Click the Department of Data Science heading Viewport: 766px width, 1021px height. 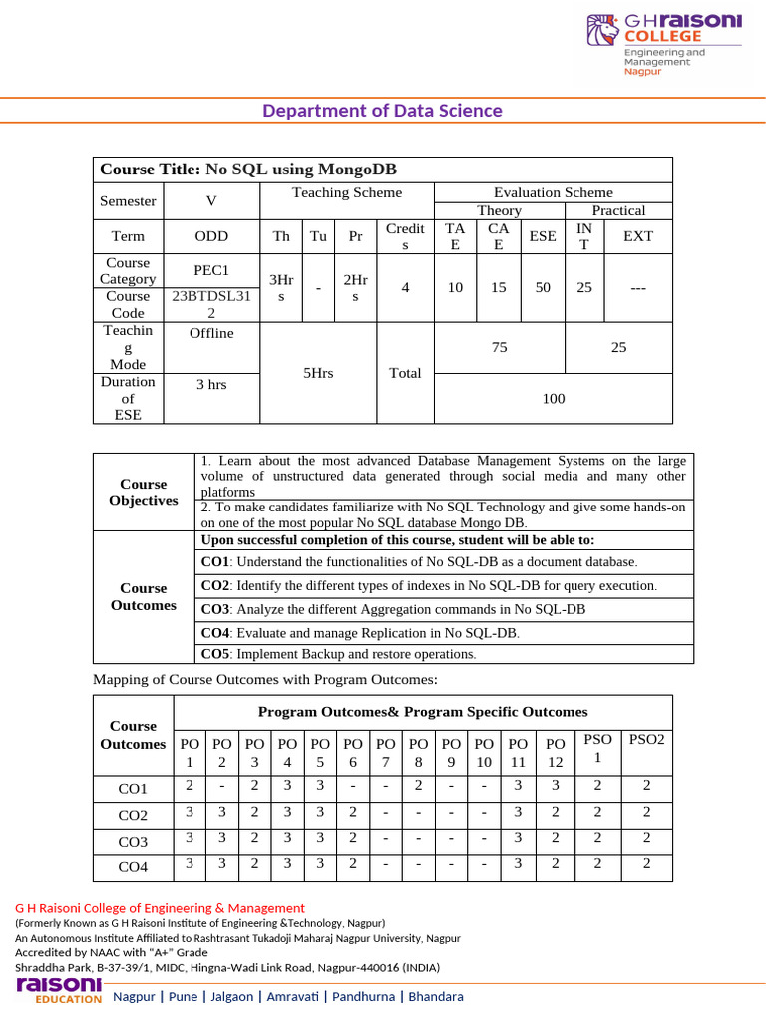point(383,111)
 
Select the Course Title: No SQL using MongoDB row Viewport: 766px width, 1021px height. point(382,170)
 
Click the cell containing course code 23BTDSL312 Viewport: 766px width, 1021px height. point(210,304)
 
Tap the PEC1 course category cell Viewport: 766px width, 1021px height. point(210,270)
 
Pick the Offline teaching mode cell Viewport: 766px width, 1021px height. point(210,333)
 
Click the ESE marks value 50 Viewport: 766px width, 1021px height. point(543,287)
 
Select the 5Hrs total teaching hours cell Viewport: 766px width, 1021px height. point(317,373)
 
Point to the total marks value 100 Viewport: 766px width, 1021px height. point(553,398)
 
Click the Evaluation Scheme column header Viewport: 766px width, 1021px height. point(553,192)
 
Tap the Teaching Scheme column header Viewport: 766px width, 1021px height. point(346,192)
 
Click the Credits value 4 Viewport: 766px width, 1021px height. point(405,287)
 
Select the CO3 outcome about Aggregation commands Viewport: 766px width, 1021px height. point(393,609)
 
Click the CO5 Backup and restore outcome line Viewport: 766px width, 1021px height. point(339,654)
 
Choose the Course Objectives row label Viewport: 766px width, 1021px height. point(144,492)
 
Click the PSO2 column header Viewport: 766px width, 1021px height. point(646,739)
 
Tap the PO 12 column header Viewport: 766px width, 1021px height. point(556,752)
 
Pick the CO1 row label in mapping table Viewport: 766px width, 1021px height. point(133,788)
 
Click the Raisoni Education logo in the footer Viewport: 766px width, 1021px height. point(59,990)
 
